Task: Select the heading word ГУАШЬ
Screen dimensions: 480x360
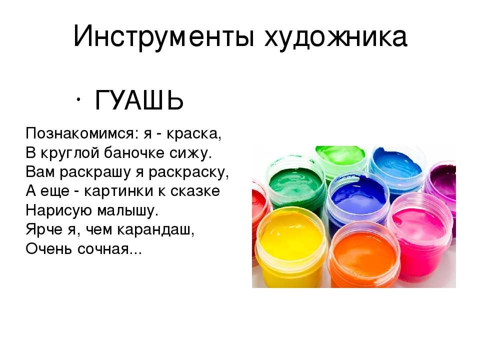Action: [x=139, y=100]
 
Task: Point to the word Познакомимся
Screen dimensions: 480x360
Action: [x=80, y=133]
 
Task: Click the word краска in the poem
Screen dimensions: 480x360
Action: [x=194, y=133]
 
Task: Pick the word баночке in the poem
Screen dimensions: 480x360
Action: [x=134, y=152]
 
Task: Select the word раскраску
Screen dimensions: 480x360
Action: [x=188, y=172]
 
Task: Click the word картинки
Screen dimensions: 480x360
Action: [x=118, y=191]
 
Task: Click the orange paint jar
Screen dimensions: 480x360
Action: [x=363, y=255]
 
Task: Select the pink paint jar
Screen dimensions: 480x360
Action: [x=419, y=232]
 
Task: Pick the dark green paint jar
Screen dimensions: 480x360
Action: [x=295, y=186]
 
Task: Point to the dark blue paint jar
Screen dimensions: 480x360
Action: [x=356, y=199]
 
